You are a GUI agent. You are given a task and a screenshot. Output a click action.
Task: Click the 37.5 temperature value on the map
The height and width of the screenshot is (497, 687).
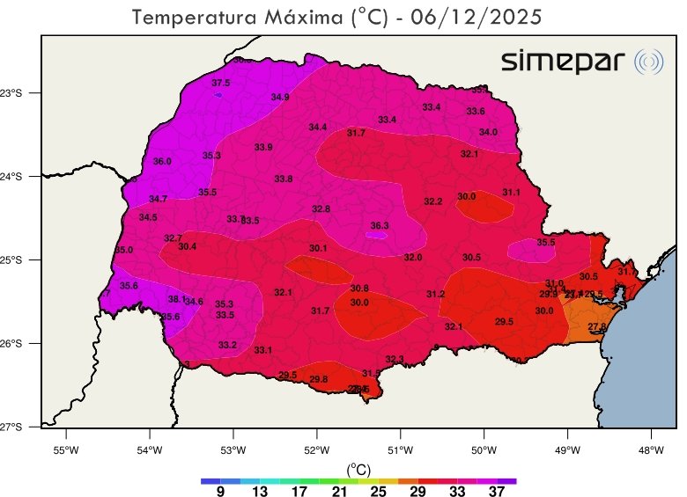(x=220, y=83)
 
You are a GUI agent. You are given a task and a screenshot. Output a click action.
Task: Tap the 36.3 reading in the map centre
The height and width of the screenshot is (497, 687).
(x=380, y=226)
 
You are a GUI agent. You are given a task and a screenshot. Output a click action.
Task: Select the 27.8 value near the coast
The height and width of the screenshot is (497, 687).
(x=597, y=327)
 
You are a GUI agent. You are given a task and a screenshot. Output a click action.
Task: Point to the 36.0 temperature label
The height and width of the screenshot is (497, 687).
(x=162, y=162)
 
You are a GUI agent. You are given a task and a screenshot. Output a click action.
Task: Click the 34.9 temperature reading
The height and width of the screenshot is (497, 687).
(x=280, y=98)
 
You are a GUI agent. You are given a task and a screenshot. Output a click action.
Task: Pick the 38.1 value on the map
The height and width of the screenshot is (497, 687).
(x=176, y=299)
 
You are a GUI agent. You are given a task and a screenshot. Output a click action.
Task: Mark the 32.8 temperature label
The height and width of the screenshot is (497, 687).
(x=321, y=209)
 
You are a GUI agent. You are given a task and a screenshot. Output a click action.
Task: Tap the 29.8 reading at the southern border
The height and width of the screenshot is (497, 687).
(x=319, y=379)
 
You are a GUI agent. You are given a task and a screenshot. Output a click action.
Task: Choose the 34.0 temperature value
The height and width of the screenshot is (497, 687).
(x=488, y=132)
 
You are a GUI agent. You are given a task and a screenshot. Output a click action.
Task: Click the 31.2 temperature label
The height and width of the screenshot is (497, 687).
(x=436, y=294)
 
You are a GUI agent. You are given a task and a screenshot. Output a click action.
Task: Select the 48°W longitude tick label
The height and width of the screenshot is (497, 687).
(x=651, y=452)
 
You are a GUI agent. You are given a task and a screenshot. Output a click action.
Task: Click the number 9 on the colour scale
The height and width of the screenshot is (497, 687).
(x=220, y=491)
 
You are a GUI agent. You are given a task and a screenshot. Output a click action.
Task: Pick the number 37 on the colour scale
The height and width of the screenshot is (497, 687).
(x=496, y=491)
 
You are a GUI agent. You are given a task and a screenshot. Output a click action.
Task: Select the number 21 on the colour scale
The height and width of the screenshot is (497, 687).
(x=338, y=491)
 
